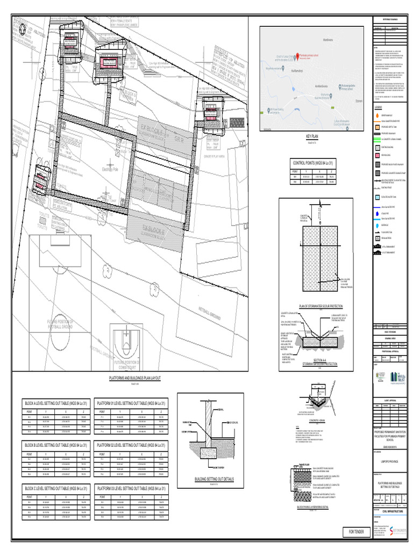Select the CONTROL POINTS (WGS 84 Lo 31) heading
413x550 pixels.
[312, 162]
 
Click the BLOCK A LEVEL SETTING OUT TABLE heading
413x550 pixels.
[55, 402]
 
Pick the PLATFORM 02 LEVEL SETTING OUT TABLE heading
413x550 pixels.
[130, 445]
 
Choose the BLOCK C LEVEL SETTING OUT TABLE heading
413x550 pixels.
[55, 488]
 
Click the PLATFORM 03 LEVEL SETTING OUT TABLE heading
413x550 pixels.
[130, 488]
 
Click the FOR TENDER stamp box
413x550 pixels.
[355, 532]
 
